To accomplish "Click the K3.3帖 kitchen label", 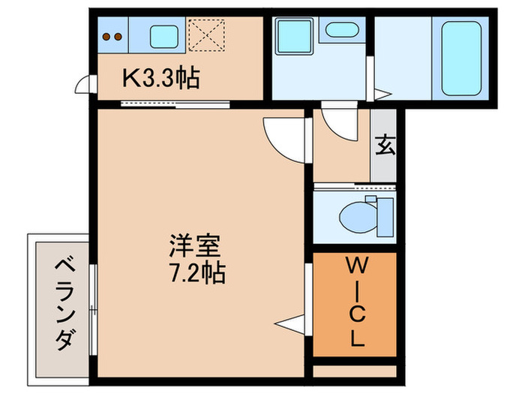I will [x=160, y=78].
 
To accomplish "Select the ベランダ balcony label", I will [x=64, y=304].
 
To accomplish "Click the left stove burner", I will [x=107, y=35].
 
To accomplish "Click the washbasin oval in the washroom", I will [x=341, y=30].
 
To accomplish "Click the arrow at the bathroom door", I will [x=382, y=95].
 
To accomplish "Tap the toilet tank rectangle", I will [x=385, y=216].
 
